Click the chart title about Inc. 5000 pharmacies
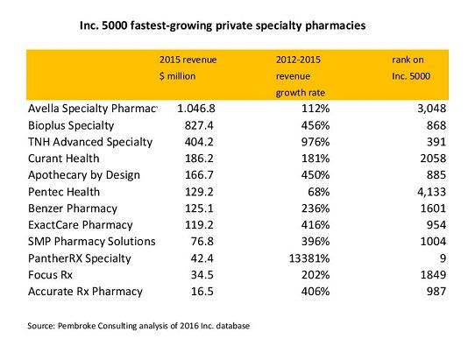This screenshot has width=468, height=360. point(223,25)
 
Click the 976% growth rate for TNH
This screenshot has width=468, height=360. point(333,142)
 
